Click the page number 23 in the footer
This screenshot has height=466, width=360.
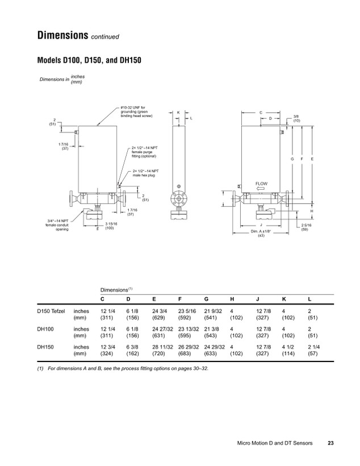(330, 443)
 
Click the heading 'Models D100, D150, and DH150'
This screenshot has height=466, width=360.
(89, 60)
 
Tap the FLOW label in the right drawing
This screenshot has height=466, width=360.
(261, 184)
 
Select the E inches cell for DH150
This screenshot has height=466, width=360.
(162, 347)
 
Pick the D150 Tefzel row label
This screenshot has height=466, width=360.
(51, 311)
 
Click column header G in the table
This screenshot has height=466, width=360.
(206, 299)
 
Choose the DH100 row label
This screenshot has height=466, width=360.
(45, 329)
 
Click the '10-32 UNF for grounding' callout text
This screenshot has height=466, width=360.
(136, 112)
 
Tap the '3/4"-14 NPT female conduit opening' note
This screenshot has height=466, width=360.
(57, 225)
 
